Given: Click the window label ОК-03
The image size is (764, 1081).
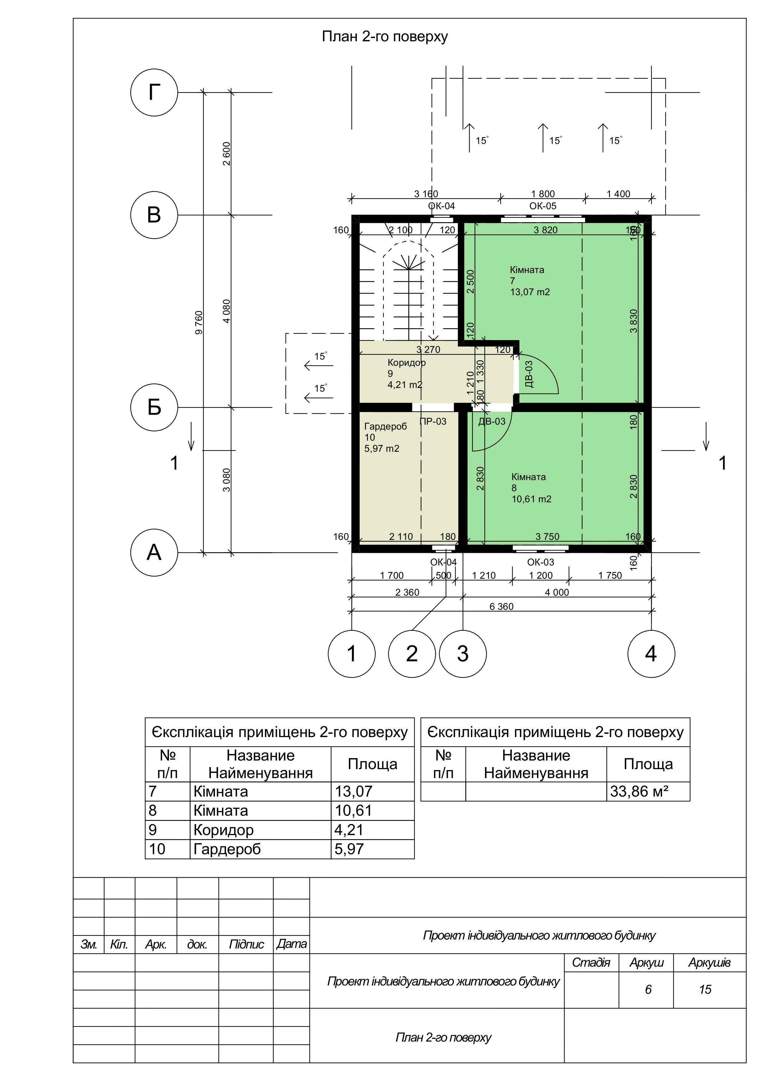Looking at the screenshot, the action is coord(540,562).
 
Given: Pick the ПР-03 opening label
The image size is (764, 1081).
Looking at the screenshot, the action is coord(433,421).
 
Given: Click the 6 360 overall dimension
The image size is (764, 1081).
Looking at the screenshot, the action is coord(502,606).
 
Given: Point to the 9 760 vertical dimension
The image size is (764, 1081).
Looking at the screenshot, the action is coord(199,323).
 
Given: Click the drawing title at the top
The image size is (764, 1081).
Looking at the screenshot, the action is coord(385,36).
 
